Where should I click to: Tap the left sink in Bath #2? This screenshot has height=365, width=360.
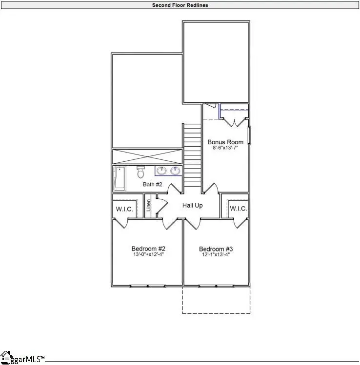pyautogui.click(x=161, y=171)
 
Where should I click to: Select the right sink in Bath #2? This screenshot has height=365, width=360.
pyautogui.click(x=174, y=171)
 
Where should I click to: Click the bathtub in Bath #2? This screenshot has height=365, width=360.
pyautogui.click(x=119, y=178)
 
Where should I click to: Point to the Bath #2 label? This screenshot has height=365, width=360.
pyautogui.click(x=152, y=185)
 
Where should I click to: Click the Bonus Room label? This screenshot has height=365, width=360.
pyautogui.click(x=225, y=142)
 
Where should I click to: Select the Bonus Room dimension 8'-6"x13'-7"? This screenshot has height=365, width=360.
pyautogui.click(x=225, y=149)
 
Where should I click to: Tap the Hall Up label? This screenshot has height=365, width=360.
pyautogui.click(x=193, y=206)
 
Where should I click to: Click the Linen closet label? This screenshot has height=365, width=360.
pyautogui.click(x=149, y=207)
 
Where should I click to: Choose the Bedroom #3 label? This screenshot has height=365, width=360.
pyautogui.click(x=216, y=248)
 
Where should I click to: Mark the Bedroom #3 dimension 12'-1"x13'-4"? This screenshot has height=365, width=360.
pyautogui.click(x=216, y=254)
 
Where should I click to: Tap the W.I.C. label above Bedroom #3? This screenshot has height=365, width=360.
pyautogui.click(x=239, y=209)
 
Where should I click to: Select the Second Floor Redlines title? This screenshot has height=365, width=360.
pyautogui.click(x=180, y=5)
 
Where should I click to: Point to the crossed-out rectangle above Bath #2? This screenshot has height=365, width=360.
pyautogui.click(x=147, y=157)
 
